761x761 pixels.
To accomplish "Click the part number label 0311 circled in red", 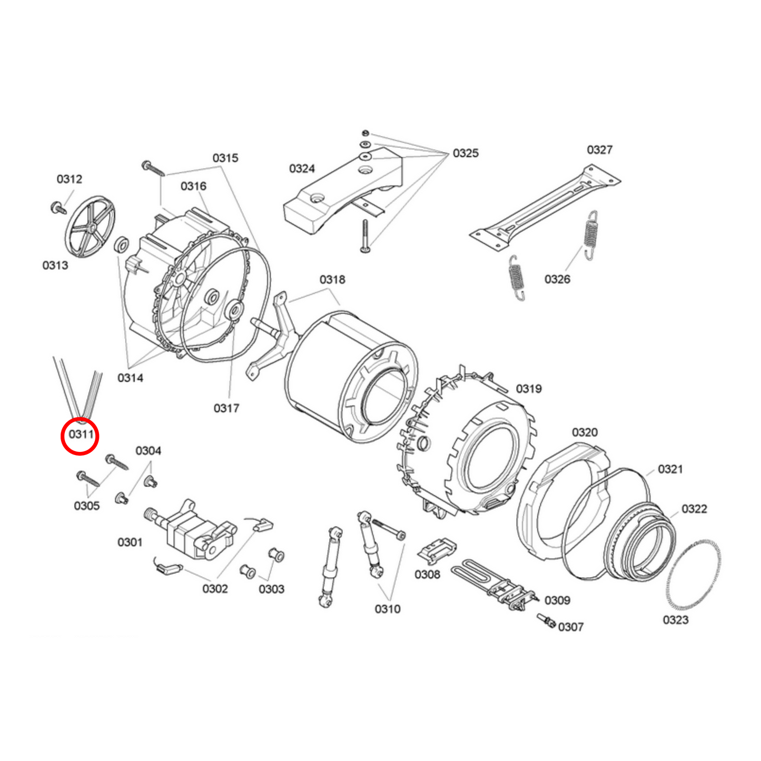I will pyautogui.click(x=81, y=434).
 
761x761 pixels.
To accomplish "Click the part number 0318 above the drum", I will pyautogui.click(x=332, y=280).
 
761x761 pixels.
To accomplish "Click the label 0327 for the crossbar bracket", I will pyautogui.click(x=599, y=150).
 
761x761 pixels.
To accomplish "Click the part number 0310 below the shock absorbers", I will pyautogui.click(x=388, y=609).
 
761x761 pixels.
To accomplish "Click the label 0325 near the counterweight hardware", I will pyautogui.click(x=466, y=153).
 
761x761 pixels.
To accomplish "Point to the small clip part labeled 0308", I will pyautogui.click(x=437, y=550).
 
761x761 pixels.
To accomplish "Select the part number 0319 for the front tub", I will pyautogui.click(x=529, y=389).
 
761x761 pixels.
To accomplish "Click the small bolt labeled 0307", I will pyautogui.click(x=546, y=621).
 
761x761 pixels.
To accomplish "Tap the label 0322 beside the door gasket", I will pyautogui.click(x=694, y=509).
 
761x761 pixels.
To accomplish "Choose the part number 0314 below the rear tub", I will pyautogui.click(x=130, y=378).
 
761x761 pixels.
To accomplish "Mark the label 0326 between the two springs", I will pyautogui.click(x=557, y=279).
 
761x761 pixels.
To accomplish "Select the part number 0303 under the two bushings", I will pyautogui.click(x=271, y=589).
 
